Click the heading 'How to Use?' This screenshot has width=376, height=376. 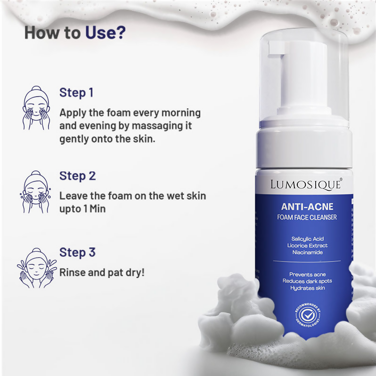pos(75,33)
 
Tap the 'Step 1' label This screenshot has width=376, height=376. pos(76,92)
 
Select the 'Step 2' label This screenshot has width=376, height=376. pos(77,176)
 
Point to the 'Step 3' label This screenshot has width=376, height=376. pos(77,252)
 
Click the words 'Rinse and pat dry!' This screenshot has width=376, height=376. pos(102,272)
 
